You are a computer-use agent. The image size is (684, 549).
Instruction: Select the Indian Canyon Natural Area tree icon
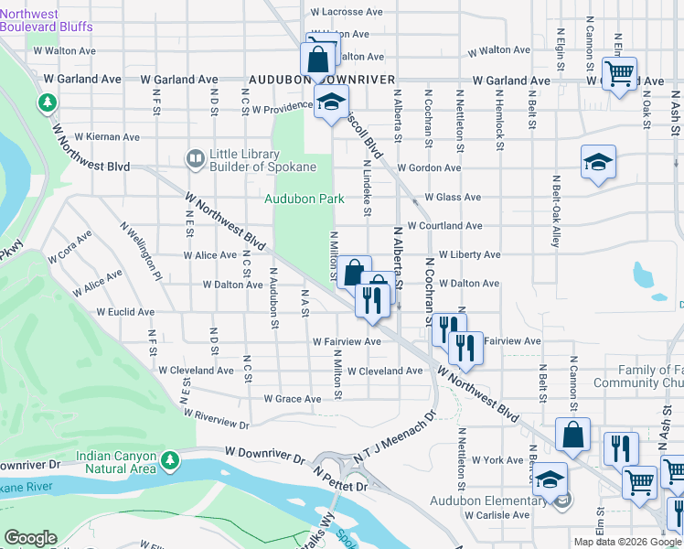[x=168, y=459]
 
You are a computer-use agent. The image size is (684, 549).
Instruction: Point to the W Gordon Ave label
[x=435, y=168]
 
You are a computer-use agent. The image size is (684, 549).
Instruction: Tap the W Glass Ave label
[x=445, y=197]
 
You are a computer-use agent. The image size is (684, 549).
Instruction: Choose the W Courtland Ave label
[x=445, y=226]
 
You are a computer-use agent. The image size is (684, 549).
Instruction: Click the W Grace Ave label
[x=293, y=399]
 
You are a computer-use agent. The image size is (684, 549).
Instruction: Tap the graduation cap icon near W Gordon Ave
[x=598, y=162]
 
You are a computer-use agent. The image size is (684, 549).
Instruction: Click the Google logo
[x=30, y=538]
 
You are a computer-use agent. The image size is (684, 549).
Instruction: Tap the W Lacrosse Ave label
[x=345, y=12]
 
